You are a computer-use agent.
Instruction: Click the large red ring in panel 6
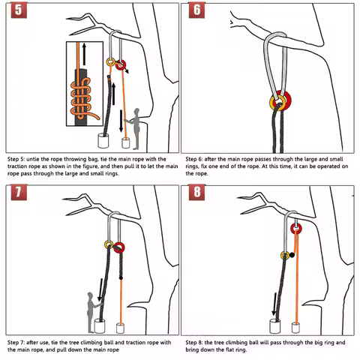point(280,101)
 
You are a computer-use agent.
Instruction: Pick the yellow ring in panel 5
point(112,61)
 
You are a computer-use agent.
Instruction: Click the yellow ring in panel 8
point(285,256)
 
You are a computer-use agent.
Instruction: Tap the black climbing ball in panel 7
point(121,280)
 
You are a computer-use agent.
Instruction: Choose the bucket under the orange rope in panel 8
point(297,326)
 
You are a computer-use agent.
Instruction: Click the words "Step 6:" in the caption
point(198,160)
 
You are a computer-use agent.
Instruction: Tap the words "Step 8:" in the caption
point(198,342)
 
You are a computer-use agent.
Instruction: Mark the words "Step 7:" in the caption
point(20,342)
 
